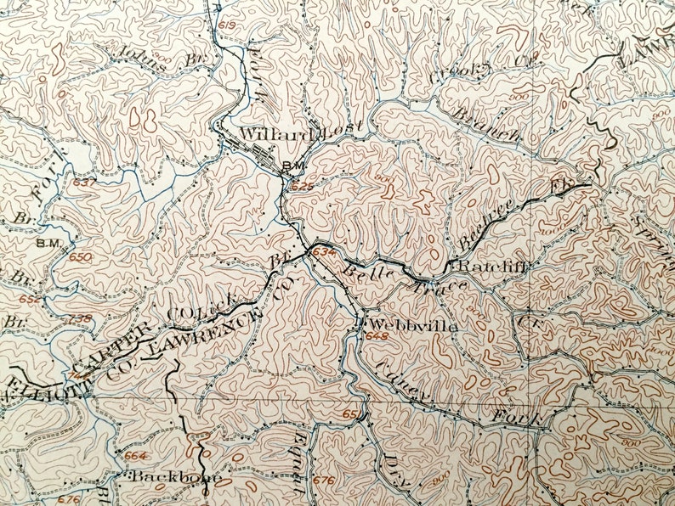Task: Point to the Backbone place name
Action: (x=177, y=477)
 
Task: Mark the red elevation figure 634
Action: (x=324, y=252)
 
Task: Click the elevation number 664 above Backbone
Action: (x=134, y=456)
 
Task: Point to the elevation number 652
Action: (x=29, y=299)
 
